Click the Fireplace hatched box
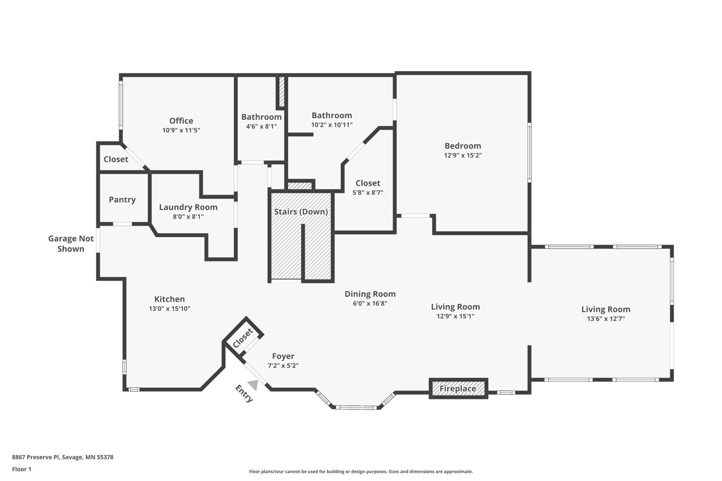tap(458, 389)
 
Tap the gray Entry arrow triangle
tap(253, 385)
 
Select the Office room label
tap(181, 121)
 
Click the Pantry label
tap(122, 200)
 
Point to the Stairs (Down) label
tap(301, 212)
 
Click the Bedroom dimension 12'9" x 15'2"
tap(463, 155)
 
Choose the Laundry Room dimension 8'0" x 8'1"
tap(188, 217)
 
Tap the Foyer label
tap(283, 356)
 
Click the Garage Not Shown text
tap(71, 244)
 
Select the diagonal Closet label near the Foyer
tap(243, 338)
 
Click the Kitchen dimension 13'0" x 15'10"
tap(169, 309)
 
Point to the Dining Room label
tap(370, 294)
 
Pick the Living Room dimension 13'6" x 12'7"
tap(606, 319)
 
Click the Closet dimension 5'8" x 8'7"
tap(368, 193)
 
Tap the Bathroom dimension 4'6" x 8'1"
tap(261, 126)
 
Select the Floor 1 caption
tap(22, 469)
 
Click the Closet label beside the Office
tap(116, 159)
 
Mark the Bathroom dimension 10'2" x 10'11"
tap(332, 125)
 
